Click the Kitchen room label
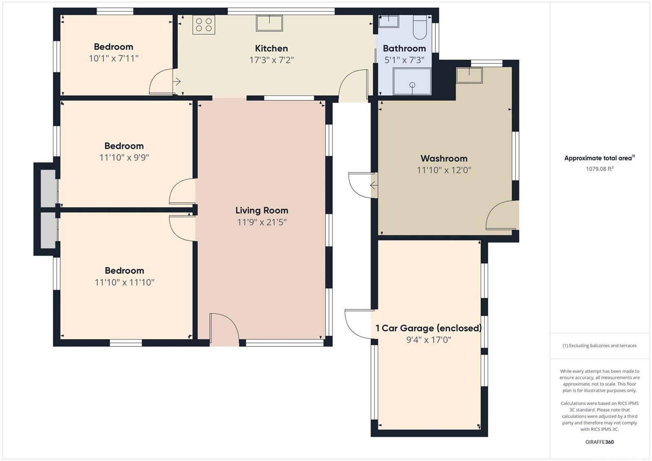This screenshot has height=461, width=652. [271, 49]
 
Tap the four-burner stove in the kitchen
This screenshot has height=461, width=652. [204, 25]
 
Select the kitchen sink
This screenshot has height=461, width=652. [269, 23]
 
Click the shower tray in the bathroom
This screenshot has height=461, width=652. [412, 82]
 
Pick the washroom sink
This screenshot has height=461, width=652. [469, 75]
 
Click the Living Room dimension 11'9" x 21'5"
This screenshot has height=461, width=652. [262, 222]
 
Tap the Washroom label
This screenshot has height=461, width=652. [444, 159]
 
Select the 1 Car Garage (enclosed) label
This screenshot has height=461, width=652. [428, 328]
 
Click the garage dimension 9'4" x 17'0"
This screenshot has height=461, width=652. [428, 340]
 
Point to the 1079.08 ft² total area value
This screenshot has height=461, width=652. [599, 169]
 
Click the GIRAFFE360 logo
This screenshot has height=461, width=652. [599, 442]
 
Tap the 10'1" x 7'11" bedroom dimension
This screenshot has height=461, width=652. [114, 59]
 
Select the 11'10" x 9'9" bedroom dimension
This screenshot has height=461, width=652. [124, 158]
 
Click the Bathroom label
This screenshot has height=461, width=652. [404, 49]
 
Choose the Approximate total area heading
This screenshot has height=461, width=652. [599, 158]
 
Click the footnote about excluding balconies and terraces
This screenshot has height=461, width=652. [599, 346]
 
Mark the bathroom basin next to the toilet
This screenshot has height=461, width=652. [389, 21]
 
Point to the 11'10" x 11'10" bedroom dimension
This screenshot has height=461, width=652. [124, 282]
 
